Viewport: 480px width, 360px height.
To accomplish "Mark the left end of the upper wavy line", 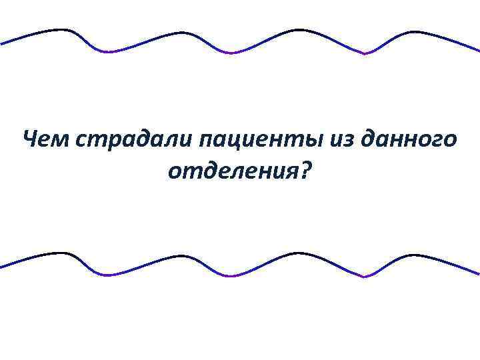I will point(2,43).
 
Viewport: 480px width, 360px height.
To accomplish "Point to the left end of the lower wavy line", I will point(2,267).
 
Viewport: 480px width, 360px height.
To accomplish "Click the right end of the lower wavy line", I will point(477,273).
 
